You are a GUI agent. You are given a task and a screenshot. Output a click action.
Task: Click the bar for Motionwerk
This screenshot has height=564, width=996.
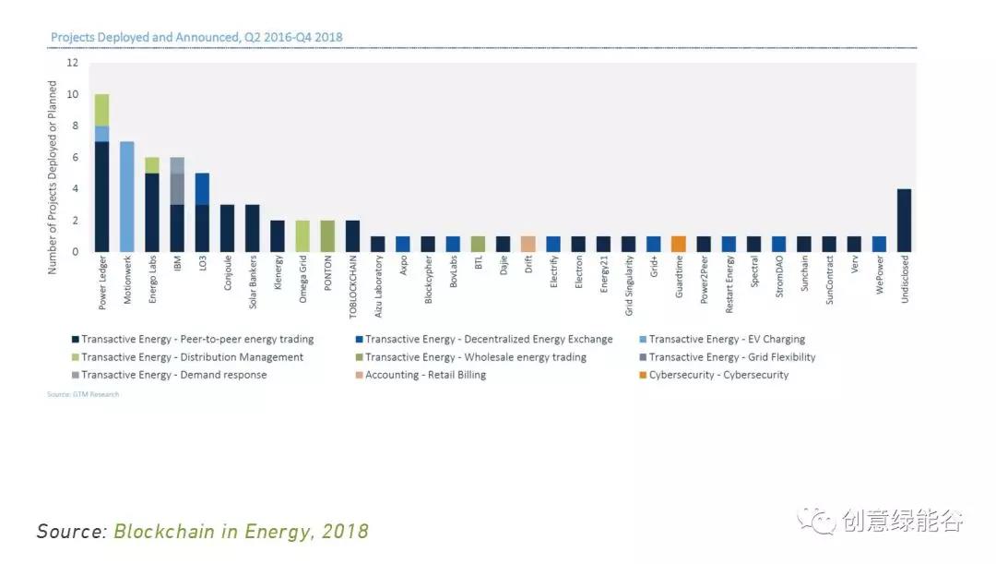(x=127, y=197)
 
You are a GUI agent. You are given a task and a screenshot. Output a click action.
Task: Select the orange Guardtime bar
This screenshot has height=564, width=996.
(x=678, y=244)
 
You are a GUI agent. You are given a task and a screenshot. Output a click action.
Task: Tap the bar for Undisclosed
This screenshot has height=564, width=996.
(x=905, y=220)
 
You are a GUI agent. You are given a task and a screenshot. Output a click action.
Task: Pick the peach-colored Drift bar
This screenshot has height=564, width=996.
(x=528, y=244)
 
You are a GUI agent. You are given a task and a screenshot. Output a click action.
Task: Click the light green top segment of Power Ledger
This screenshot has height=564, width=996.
(x=101, y=110)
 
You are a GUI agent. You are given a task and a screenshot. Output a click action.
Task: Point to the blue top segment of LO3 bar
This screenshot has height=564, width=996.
(x=202, y=188)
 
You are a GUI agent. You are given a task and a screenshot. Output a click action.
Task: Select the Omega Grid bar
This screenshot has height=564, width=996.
(x=302, y=235)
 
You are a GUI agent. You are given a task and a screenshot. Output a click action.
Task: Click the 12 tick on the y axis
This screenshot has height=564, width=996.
(x=73, y=63)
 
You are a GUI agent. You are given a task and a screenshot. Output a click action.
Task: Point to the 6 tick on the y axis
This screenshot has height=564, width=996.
(x=73, y=157)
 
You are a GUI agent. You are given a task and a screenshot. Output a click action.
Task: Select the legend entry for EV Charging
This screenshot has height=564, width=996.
(x=726, y=340)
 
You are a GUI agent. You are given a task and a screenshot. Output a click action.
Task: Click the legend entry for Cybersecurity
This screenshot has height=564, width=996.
(x=717, y=375)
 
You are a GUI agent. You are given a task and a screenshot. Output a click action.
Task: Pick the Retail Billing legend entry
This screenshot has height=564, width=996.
(x=424, y=375)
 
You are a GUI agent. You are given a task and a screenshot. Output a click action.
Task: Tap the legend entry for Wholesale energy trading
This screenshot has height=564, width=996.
(x=475, y=357)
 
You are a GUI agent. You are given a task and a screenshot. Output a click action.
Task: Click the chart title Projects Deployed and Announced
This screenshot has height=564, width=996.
(x=196, y=38)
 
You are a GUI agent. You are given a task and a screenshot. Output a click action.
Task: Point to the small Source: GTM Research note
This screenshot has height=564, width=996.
(x=83, y=394)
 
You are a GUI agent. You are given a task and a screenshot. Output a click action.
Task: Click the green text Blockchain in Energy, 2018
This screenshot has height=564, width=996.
(x=241, y=532)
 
